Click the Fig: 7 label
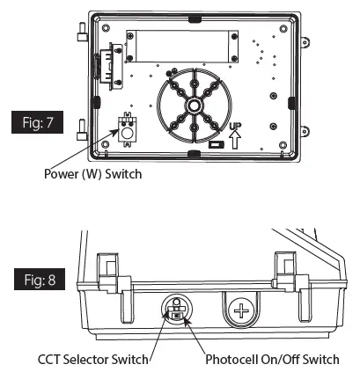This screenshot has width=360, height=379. click(44, 120)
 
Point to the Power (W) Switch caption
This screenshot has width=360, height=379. click(92, 174)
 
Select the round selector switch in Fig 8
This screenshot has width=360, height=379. click(177, 311)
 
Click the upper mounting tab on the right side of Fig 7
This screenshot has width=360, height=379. click(311, 41)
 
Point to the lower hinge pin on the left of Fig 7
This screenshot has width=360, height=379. click(82, 133)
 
